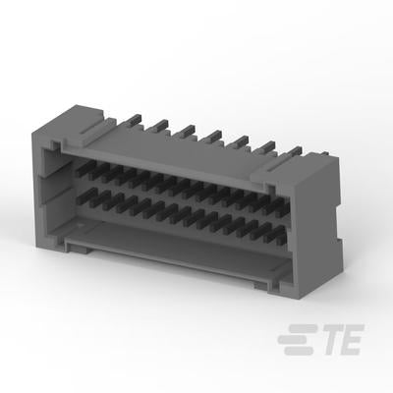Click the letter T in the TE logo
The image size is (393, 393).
(x=330, y=340)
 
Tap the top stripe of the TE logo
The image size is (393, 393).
(x=303, y=328)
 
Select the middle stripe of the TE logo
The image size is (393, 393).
(x=294, y=340)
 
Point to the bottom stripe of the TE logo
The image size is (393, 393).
(x=300, y=351)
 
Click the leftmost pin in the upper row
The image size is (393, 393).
(x=85, y=167)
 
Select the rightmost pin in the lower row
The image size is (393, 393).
(x=278, y=234)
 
